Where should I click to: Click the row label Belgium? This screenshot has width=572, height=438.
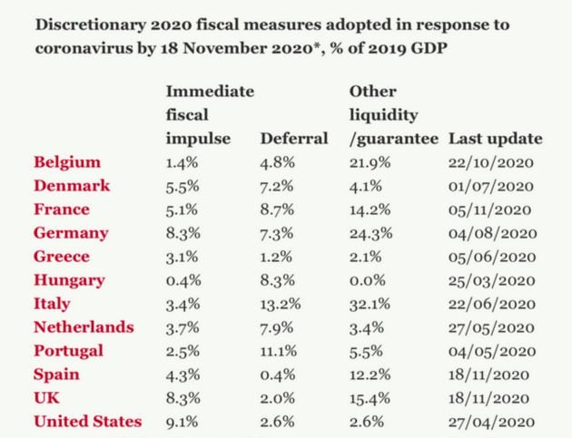tap(66, 162)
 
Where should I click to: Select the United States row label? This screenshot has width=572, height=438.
tap(88, 421)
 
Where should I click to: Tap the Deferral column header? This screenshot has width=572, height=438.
tap(294, 139)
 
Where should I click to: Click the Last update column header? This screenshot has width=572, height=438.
tap(496, 139)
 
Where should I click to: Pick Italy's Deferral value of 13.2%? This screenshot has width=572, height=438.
tap(282, 304)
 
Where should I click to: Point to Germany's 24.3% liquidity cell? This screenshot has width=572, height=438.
tap(370, 233)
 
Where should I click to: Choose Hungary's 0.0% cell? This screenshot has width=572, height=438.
tap(367, 280)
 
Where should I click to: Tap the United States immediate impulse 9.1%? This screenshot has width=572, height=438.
tap(182, 421)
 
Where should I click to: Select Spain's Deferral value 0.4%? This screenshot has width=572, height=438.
tap(277, 375)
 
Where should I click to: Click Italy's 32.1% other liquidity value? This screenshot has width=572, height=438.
tap(370, 304)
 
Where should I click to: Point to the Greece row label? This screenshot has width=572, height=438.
tap(62, 257)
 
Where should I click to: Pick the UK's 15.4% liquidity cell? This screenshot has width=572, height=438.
tap(370, 398)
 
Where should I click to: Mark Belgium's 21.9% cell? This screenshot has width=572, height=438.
tap(370, 162)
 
